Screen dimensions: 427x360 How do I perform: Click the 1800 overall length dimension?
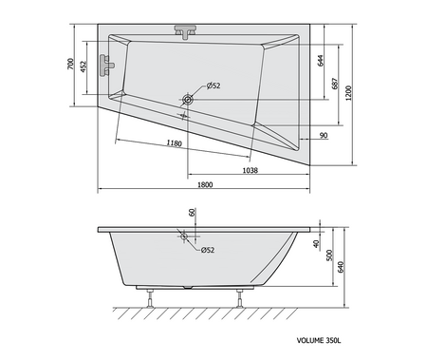[x=205, y=185]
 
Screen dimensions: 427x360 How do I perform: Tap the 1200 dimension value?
[x=348, y=93]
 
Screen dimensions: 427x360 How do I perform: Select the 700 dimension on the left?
[x=70, y=64]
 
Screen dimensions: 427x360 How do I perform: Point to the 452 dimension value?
[x=84, y=66]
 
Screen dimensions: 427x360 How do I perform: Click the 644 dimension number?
[x=321, y=61]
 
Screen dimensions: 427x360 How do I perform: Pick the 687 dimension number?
[x=335, y=84]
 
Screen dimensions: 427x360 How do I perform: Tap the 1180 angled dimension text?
[x=175, y=143]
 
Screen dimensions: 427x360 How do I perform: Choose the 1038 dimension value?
[x=251, y=170]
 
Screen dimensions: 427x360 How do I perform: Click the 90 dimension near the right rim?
[x=324, y=136]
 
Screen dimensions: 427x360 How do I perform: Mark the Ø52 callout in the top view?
[x=213, y=85]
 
